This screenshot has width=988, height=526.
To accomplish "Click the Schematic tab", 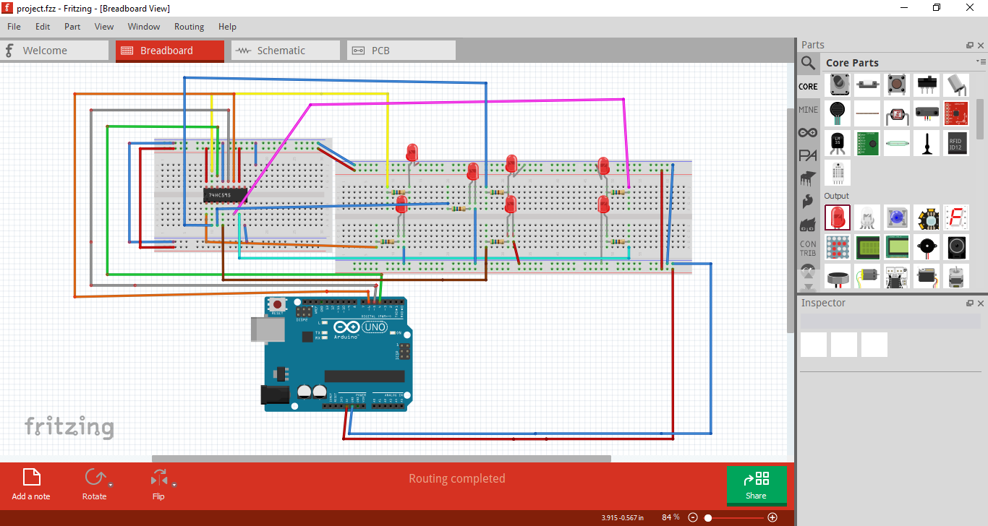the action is pyautogui.click(x=285, y=51).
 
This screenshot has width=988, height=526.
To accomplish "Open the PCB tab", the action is pyautogui.click(x=401, y=51).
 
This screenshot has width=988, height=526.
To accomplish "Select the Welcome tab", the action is pyautogui.click(x=54, y=51).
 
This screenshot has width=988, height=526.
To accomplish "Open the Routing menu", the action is pyautogui.click(x=189, y=27).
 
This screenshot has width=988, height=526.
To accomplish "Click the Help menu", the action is pyautogui.click(x=227, y=27).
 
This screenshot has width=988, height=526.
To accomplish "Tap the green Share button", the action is pyautogui.click(x=756, y=486).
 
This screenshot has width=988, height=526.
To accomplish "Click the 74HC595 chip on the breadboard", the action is pyautogui.click(x=225, y=195).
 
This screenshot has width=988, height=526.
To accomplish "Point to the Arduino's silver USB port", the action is pyautogui.click(x=258, y=329).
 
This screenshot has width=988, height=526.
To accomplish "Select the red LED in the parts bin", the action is pyautogui.click(x=838, y=217).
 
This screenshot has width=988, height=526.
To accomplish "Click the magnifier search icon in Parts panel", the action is pyautogui.click(x=808, y=63).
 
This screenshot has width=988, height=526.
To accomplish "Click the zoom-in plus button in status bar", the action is pyautogui.click(x=772, y=517).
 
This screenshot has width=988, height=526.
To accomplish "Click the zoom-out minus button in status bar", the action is pyautogui.click(x=693, y=517).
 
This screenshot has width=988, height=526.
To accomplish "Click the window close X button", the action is pyautogui.click(x=970, y=8).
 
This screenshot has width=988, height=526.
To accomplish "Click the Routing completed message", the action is pyautogui.click(x=456, y=478).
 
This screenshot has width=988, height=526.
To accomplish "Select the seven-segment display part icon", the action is pyautogui.click(x=955, y=217).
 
